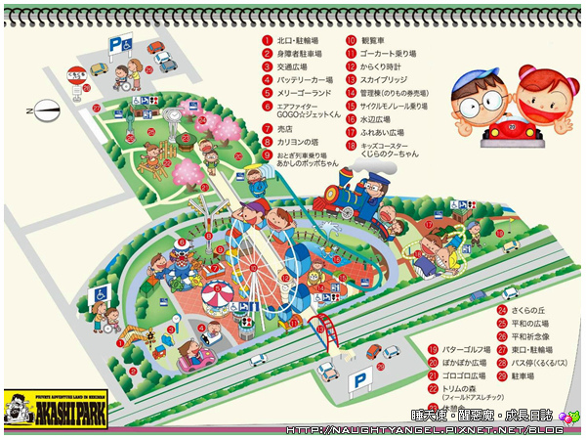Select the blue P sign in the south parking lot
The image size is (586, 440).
point(360,381)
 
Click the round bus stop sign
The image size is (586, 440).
point(76,73)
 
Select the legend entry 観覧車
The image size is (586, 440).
point(372,41)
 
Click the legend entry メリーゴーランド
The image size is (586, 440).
point(304,93)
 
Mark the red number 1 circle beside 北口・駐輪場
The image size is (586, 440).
point(267,41)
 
